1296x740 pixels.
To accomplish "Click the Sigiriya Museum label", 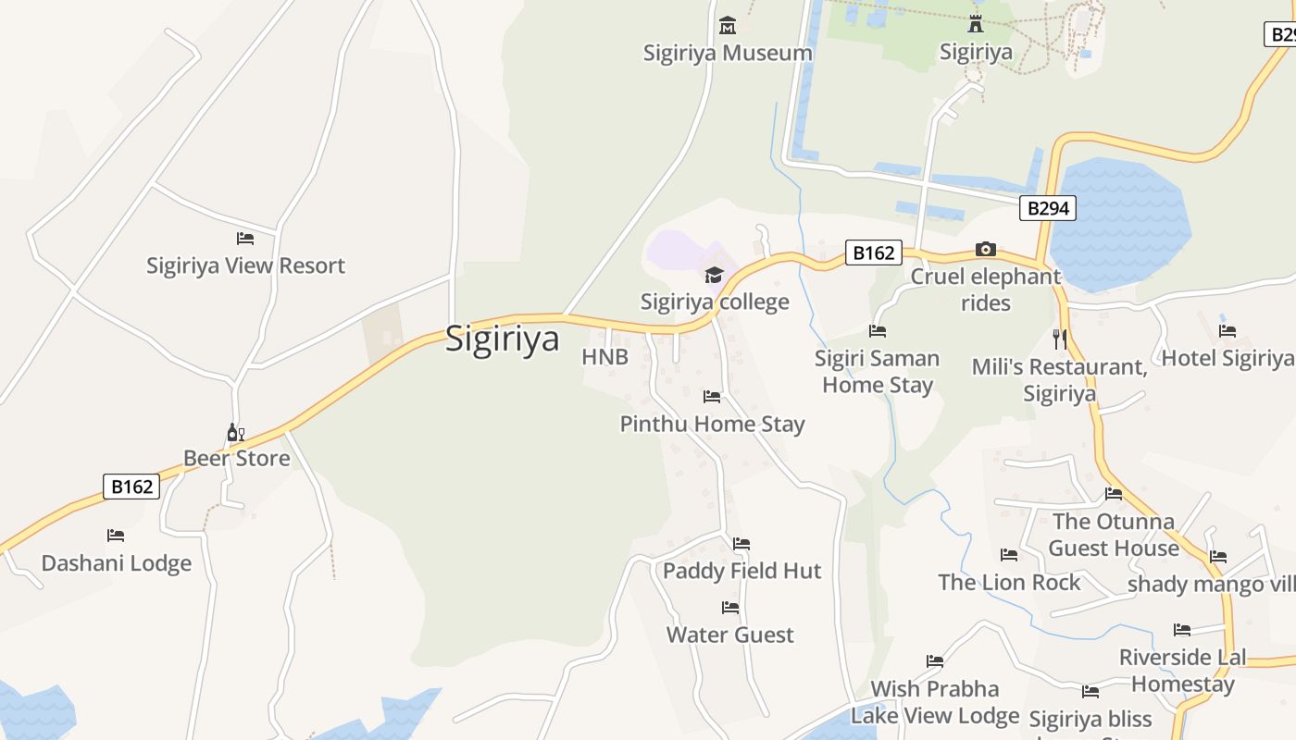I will [x=728, y=53].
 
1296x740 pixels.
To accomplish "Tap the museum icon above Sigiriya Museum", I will [x=728, y=25].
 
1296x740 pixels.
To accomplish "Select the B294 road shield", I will [x=1049, y=208].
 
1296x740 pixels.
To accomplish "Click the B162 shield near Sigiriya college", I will [x=873, y=253].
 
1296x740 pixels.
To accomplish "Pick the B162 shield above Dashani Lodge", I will [x=131, y=487].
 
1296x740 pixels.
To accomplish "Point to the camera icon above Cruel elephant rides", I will [x=986, y=249].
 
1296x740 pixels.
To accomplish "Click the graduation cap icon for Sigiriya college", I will [x=714, y=275].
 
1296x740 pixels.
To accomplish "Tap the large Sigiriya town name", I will [x=503, y=339].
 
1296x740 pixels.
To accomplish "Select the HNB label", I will [x=604, y=357].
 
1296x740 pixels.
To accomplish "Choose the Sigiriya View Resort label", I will [x=245, y=265].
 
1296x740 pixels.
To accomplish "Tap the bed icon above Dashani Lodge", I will [x=116, y=536].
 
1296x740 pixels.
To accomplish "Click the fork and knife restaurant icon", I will [x=1060, y=339].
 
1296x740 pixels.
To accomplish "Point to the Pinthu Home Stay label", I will [x=712, y=424].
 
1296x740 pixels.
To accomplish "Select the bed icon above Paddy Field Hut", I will [x=741, y=544].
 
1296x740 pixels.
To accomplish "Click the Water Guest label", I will [x=730, y=635].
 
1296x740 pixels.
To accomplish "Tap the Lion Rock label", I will [x=1009, y=582].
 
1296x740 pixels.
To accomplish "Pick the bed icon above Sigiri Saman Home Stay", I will [x=878, y=330].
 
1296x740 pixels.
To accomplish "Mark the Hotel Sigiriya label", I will [x=1227, y=358].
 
